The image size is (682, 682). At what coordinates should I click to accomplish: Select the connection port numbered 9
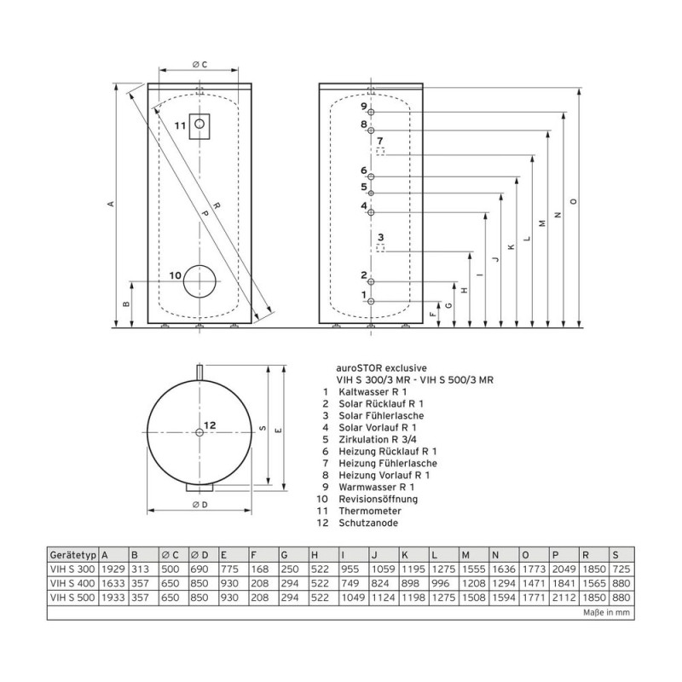coord(371,113)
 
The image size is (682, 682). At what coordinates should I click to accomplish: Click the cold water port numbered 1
coord(371,302)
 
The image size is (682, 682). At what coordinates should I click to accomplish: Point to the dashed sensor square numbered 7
coord(380,152)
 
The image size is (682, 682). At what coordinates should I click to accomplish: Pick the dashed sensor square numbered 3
coord(380,248)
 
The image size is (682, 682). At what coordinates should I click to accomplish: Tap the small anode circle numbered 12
coord(199,432)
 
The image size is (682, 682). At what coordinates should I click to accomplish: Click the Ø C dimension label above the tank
coord(199,65)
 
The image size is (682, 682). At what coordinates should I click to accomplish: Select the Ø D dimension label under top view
coord(199,505)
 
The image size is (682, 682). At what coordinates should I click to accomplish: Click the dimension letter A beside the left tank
coord(112,204)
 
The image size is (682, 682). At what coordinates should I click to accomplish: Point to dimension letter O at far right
coord(574,201)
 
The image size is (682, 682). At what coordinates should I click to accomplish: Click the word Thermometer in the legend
coord(370,511)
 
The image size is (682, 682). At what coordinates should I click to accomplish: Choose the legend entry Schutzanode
coord(368,523)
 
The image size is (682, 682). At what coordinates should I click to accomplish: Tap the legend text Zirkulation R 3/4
coord(378,439)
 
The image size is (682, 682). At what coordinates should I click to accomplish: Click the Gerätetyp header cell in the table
coord(73,555)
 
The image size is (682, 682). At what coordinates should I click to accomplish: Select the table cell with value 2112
coord(564,598)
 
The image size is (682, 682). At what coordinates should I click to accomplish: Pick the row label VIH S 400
coord(72,583)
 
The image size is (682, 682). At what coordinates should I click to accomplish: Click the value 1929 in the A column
coord(113,569)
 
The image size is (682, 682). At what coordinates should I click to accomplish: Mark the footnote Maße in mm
coord(606,612)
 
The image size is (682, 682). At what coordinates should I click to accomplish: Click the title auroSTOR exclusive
coord(375,368)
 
